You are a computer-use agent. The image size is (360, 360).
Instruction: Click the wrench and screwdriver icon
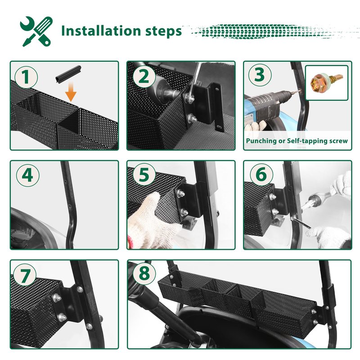36,31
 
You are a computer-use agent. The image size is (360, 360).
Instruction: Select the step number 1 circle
26,76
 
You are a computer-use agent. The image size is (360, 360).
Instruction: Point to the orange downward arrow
71,92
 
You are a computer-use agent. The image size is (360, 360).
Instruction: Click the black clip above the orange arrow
68,74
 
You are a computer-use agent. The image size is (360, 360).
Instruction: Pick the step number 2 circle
144,76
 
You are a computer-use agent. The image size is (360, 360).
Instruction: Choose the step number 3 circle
260,75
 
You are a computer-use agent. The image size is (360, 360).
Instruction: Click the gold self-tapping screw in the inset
326,82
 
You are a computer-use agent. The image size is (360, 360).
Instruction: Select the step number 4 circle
27,175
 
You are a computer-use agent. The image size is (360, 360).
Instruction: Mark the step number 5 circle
144,175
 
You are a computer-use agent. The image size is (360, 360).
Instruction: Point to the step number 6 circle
261,174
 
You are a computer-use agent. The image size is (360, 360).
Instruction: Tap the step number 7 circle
25,275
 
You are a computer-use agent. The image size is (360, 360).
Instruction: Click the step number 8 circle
144,273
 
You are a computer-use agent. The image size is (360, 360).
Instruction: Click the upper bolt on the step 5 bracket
181,194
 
